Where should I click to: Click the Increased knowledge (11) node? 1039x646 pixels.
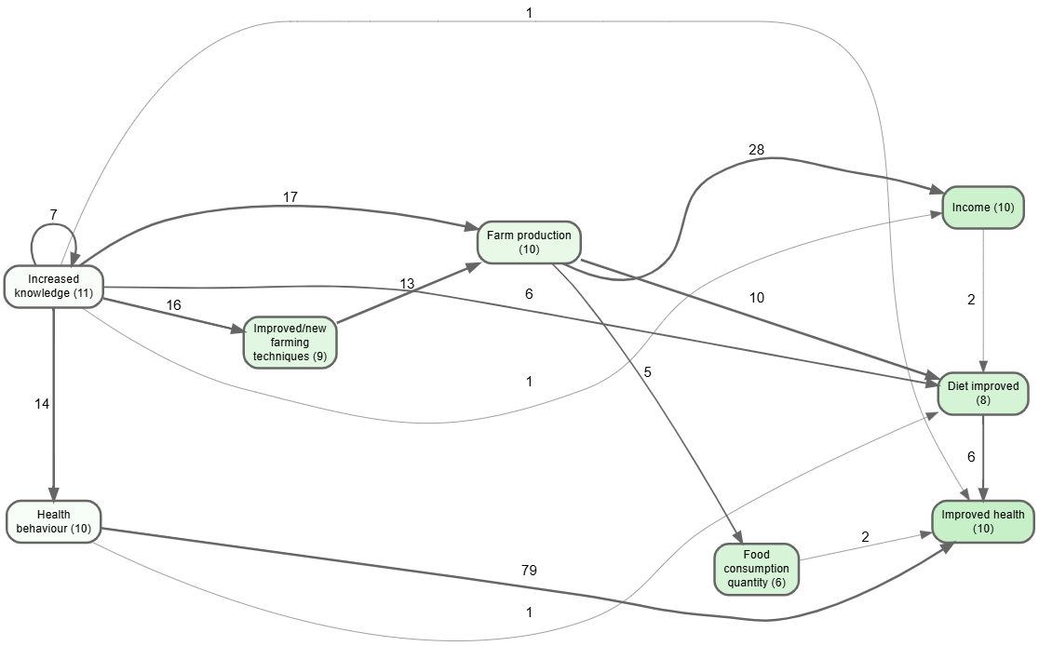click(53, 287)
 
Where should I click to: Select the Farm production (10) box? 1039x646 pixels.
click(529, 242)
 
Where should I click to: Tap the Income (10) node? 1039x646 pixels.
click(983, 207)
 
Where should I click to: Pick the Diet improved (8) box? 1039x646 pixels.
click(983, 393)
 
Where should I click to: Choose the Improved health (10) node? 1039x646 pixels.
click(982, 521)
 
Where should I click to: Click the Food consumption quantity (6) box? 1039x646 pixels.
click(757, 569)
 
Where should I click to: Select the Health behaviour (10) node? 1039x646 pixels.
click(53, 521)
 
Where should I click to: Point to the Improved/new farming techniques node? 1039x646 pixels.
click(290, 343)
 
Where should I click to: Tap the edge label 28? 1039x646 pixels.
click(756, 150)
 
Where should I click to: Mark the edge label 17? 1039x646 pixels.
click(290, 196)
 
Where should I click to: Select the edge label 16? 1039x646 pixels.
click(173, 305)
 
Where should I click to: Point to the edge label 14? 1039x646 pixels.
click(42, 404)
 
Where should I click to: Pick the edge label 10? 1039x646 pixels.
click(756, 298)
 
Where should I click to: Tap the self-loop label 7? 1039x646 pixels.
click(53, 214)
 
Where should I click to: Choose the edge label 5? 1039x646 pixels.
click(647, 372)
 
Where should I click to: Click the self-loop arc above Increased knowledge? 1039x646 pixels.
click(53, 226)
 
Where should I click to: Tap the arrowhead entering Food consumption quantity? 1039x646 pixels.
click(737, 537)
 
